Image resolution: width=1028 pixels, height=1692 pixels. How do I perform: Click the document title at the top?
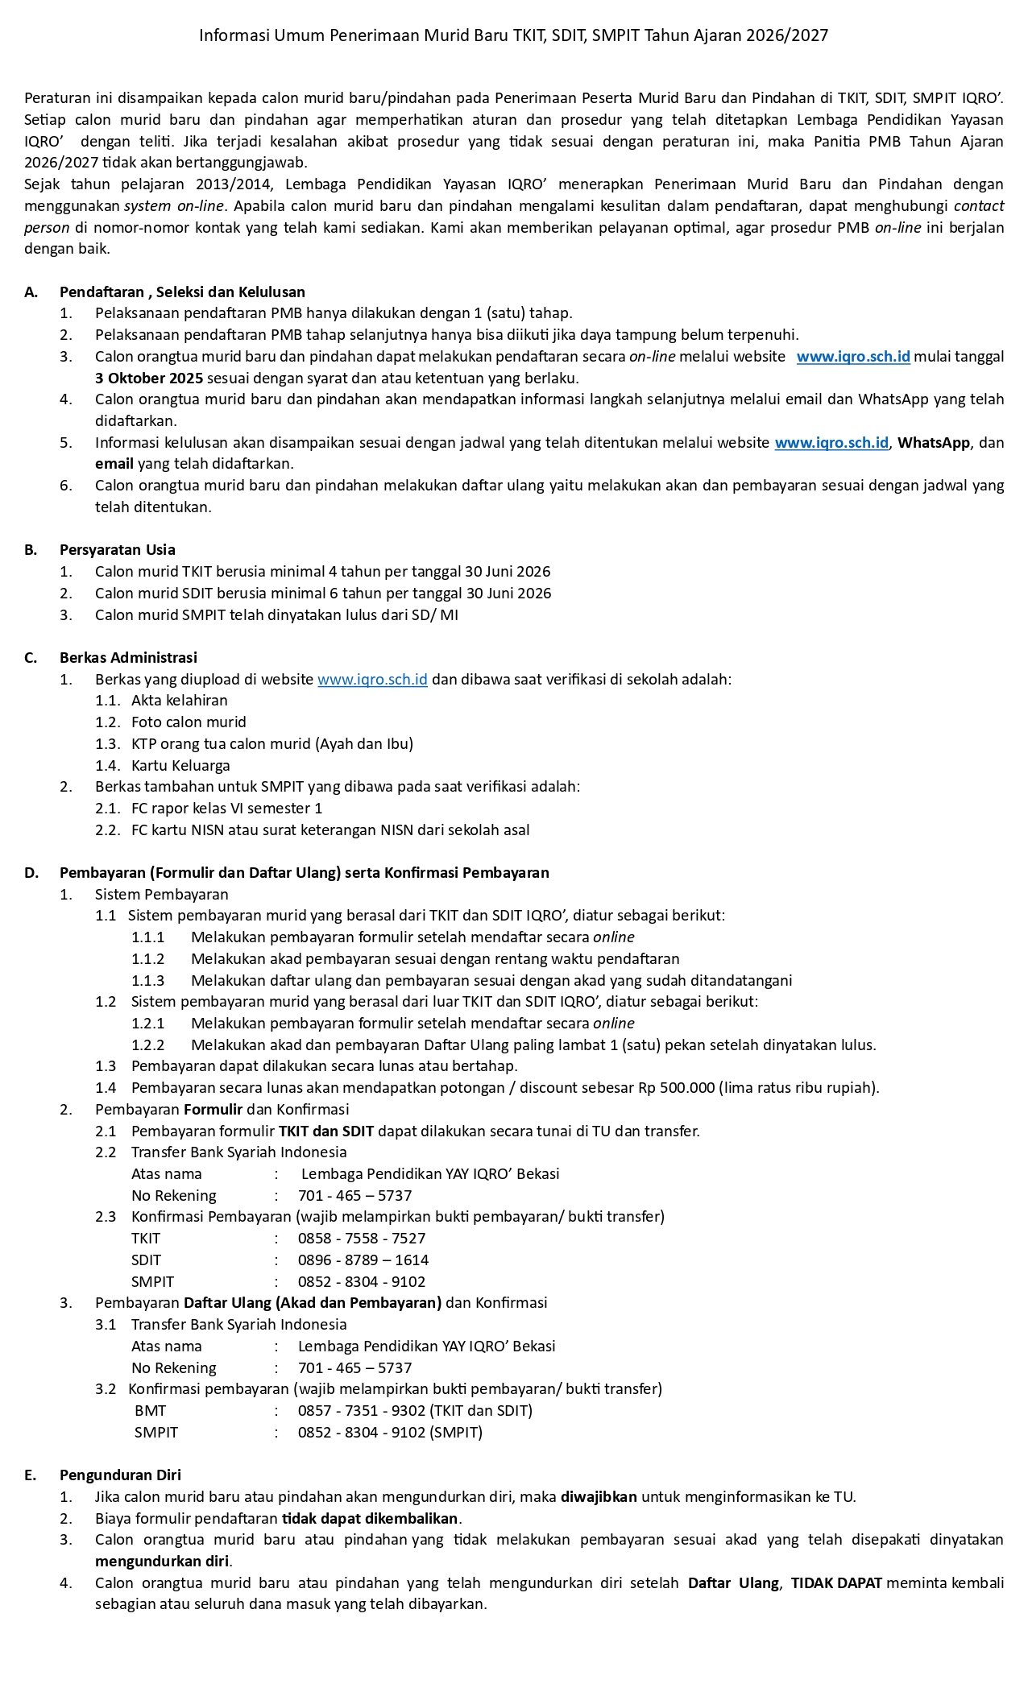[x=513, y=35]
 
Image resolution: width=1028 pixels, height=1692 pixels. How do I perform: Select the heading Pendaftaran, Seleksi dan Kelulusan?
[x=182, y=292]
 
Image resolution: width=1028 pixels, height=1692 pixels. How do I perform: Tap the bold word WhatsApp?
[x=934, y=442]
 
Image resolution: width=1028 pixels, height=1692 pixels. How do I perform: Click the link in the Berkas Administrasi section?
[x=372, y=679]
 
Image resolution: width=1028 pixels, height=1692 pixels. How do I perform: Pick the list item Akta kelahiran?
[x=179, y=701]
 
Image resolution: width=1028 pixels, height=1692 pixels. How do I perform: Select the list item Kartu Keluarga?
[x=180, y=765]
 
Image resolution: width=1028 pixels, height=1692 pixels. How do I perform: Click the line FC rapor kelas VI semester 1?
[x=226, y=808]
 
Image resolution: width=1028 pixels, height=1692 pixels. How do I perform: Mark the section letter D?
[x=31, y=872]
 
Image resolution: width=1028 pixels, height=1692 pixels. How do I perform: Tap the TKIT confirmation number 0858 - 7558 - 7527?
[x=362, y=1238]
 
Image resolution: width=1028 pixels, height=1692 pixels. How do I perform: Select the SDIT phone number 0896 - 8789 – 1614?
[x=363, y=1260]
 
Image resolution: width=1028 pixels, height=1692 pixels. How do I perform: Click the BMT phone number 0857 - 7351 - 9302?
[x=362, y=1410]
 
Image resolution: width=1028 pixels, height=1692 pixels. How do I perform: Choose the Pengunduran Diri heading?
[x=120, y=1475]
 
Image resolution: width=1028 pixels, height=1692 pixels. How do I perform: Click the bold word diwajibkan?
[x=599, y=1496]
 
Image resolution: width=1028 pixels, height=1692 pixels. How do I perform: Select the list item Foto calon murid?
[x=189, y=722]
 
